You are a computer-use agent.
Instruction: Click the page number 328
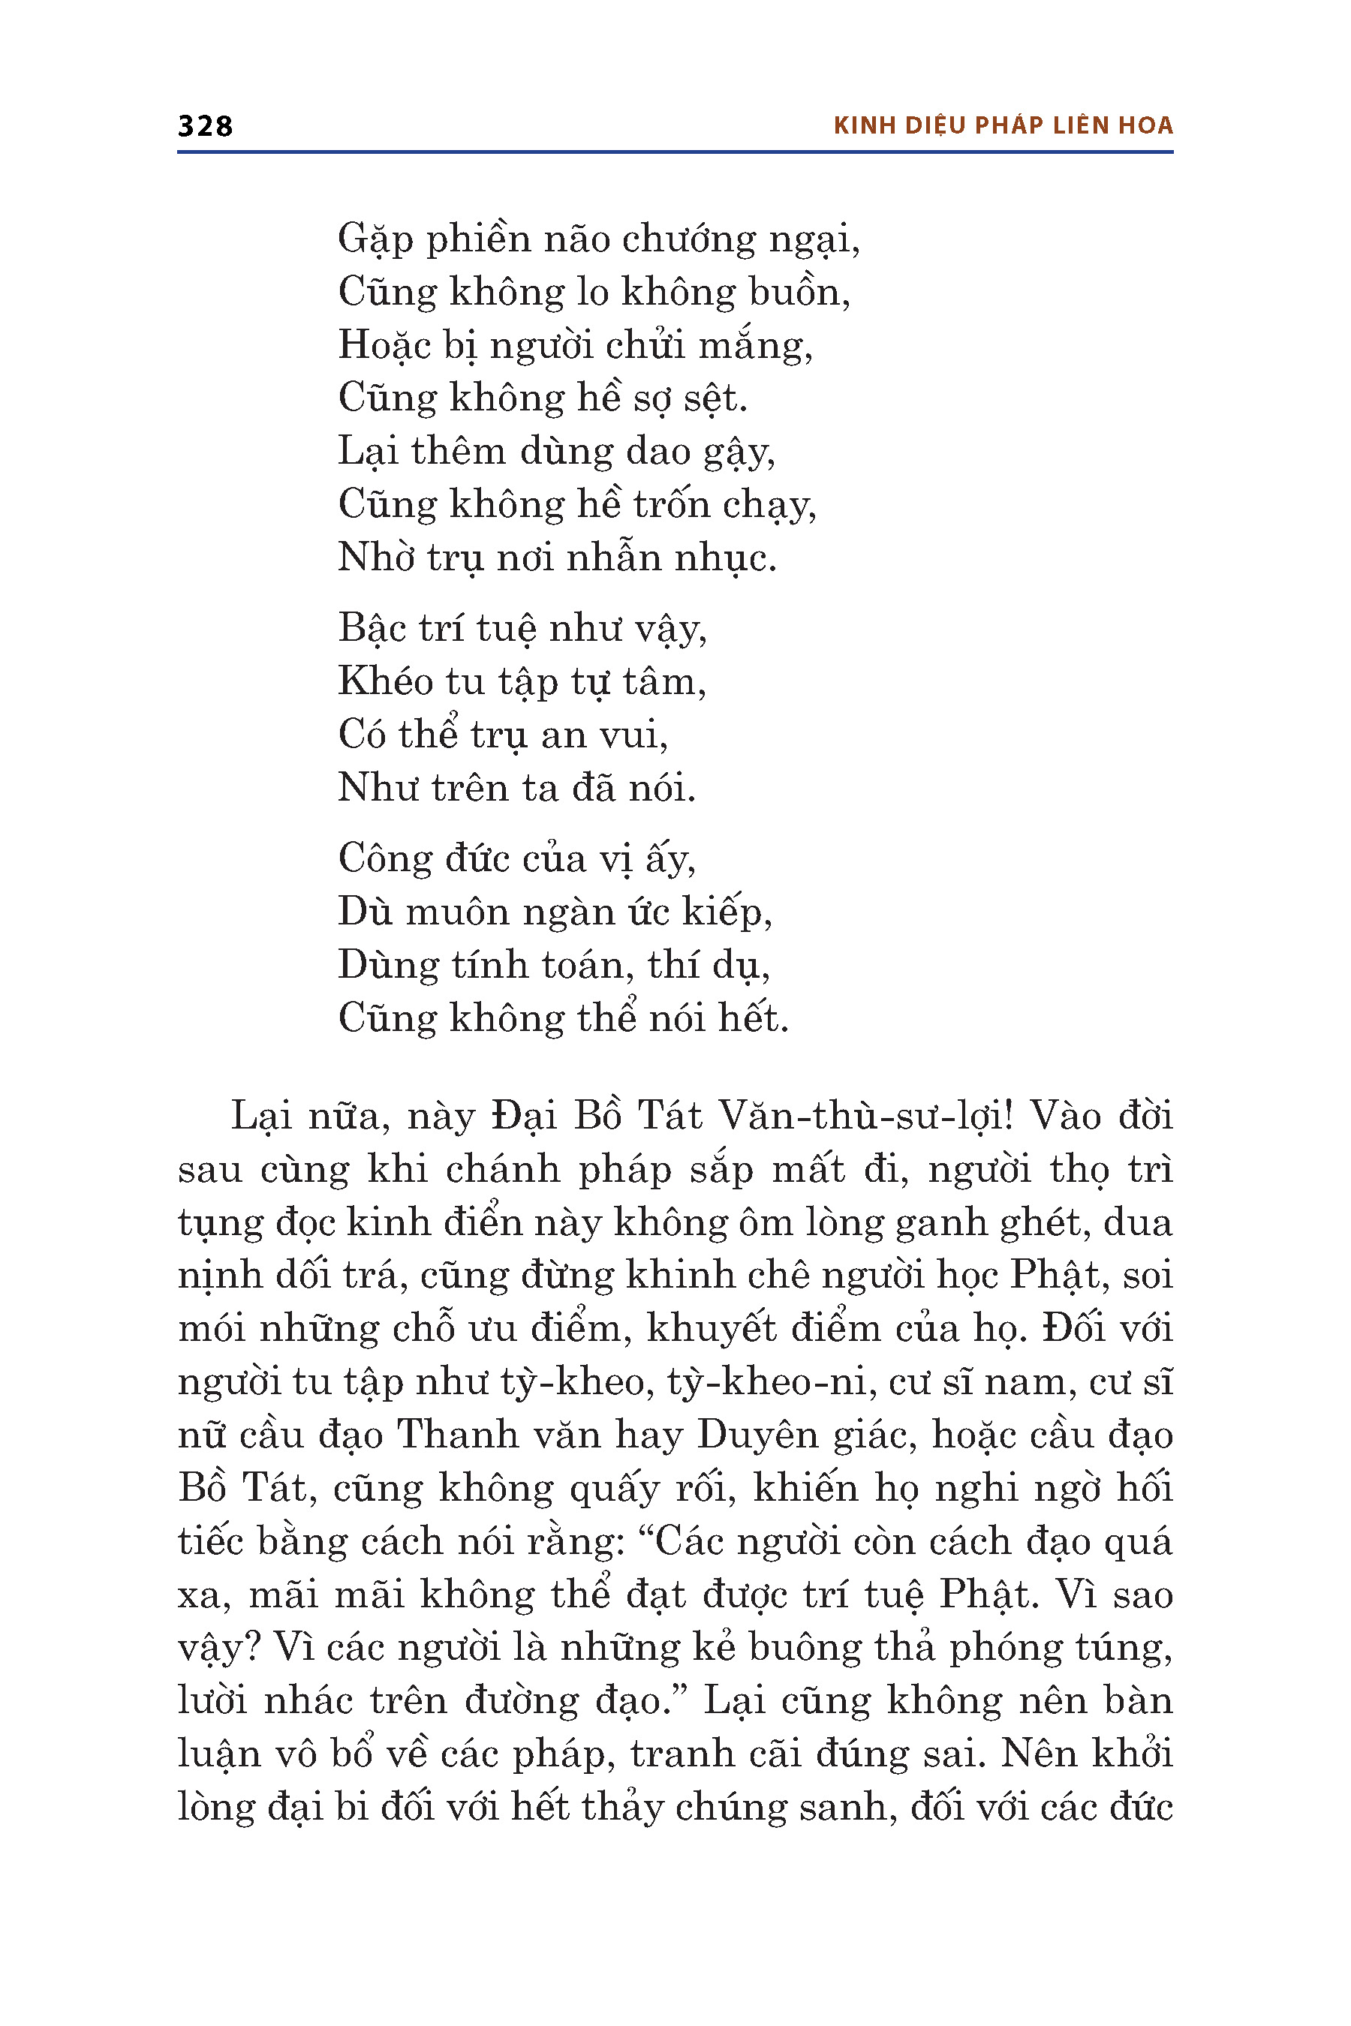(x=205, y=126)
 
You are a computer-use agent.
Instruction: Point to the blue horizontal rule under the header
(x=675, y=152)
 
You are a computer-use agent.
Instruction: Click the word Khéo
(x=385, y=681)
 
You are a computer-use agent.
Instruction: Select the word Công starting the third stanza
(x=384, y=860)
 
